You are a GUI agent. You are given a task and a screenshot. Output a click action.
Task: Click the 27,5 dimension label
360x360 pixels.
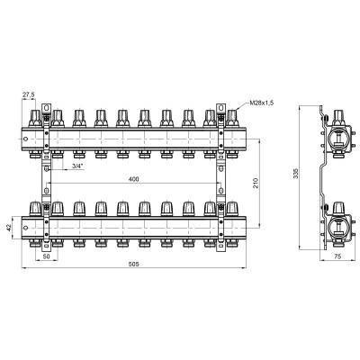[x=29, y=94]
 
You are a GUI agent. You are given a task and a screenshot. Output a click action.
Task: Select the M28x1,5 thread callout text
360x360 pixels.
[x=262, y=103]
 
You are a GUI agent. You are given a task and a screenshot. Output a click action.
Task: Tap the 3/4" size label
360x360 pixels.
[x=76, y=166]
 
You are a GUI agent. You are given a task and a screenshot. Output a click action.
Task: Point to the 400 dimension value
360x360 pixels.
[x=133, y=179]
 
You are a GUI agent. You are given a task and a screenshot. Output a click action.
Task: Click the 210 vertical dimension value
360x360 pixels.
[x=255, y=184]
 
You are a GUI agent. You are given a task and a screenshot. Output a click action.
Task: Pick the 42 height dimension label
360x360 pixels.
[x=9, y=228]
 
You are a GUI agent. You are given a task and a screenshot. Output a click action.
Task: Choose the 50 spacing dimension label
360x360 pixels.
[x=47, y=256]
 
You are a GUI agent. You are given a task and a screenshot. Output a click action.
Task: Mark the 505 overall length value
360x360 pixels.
[x=133, y=264]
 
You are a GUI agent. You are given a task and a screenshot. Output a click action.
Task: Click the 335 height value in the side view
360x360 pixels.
[x=296, y=174]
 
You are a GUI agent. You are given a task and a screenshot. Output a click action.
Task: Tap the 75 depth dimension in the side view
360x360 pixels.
[x=337, y=256]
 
